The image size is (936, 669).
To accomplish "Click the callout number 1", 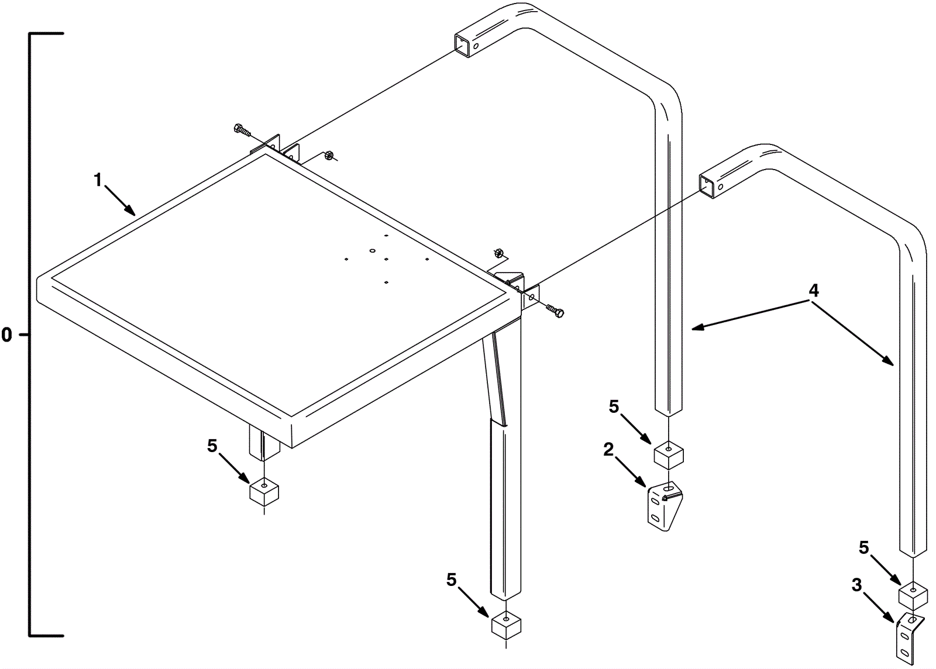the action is [98, 180].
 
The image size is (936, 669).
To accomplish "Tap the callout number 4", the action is [813, 291].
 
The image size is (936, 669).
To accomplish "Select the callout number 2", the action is [608, 449].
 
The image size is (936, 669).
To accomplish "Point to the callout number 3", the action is [856, 585].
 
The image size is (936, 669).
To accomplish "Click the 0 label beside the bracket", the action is [6, 335].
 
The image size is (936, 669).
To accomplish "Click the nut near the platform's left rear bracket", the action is [328, 156].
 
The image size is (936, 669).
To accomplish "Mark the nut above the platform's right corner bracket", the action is [498, 253].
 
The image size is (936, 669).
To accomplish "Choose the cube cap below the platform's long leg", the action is [507, 623].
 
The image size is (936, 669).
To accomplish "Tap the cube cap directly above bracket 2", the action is [669, 456].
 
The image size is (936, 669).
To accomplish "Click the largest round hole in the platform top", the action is [373, 251].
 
